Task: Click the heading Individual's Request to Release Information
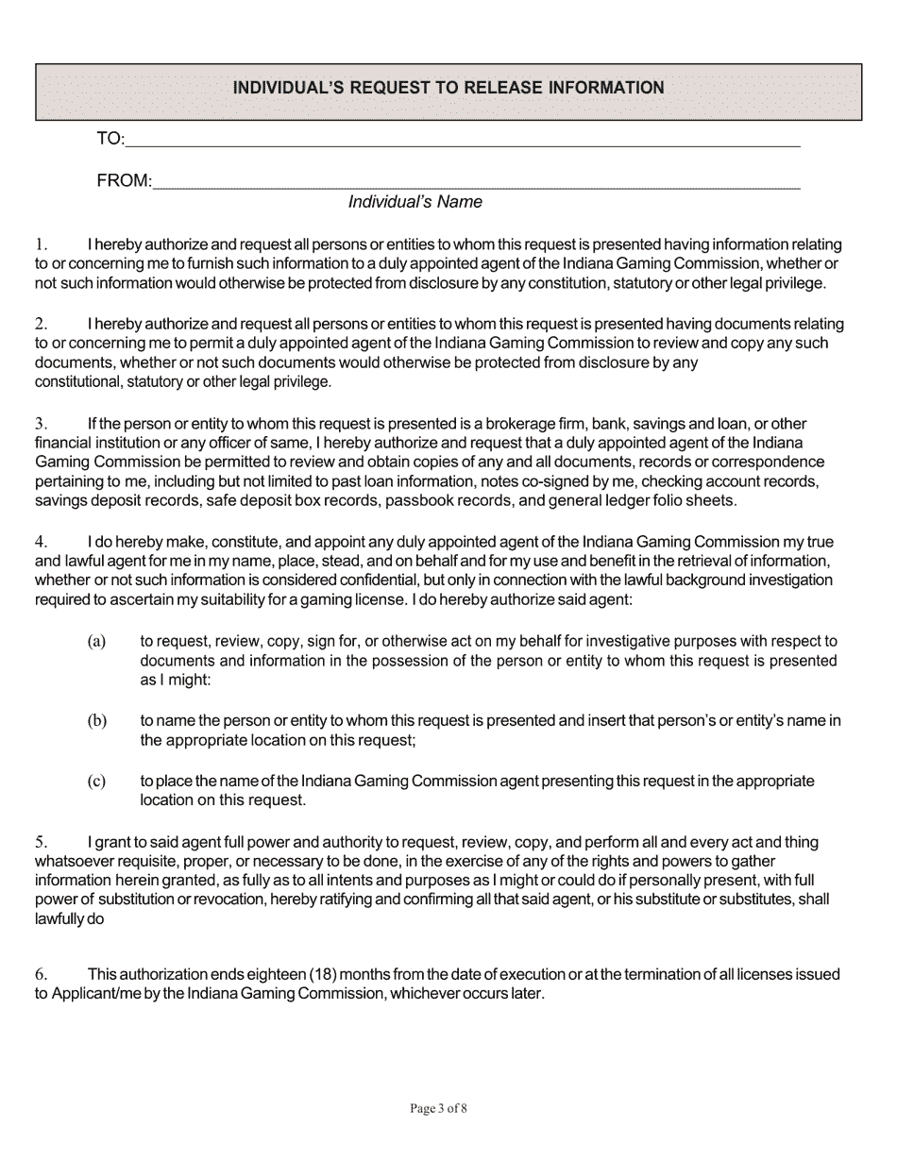coord(448,88)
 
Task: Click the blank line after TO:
coord(463,142)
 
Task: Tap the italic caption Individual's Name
coord(415,202)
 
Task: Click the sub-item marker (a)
coord(96,641)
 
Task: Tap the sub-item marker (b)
coord(96,721)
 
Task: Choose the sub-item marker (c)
coord(96,782)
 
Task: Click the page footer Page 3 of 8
coord(439,1109)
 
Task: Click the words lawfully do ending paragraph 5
coord(69,918)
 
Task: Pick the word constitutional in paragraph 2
coord(77,382)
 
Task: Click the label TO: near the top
coord(110,140)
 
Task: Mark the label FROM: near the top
coord(124,180)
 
